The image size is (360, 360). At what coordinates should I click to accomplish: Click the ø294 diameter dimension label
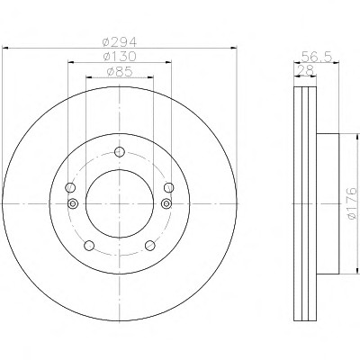point(120,41)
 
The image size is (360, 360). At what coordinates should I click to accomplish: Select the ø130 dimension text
point(120,56)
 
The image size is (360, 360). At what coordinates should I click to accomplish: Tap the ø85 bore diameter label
point(120,72)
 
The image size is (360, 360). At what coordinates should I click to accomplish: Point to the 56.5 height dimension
point(317,56)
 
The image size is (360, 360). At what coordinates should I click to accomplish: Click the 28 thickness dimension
point(305,70)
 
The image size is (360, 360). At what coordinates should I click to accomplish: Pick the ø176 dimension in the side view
point(352,203)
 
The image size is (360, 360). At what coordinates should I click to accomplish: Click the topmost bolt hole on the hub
point(120,152)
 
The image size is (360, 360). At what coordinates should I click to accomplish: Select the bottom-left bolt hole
point(89,246)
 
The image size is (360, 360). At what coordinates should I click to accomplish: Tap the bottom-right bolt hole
point(150,246)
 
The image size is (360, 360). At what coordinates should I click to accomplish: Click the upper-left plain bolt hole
point(70,188)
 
